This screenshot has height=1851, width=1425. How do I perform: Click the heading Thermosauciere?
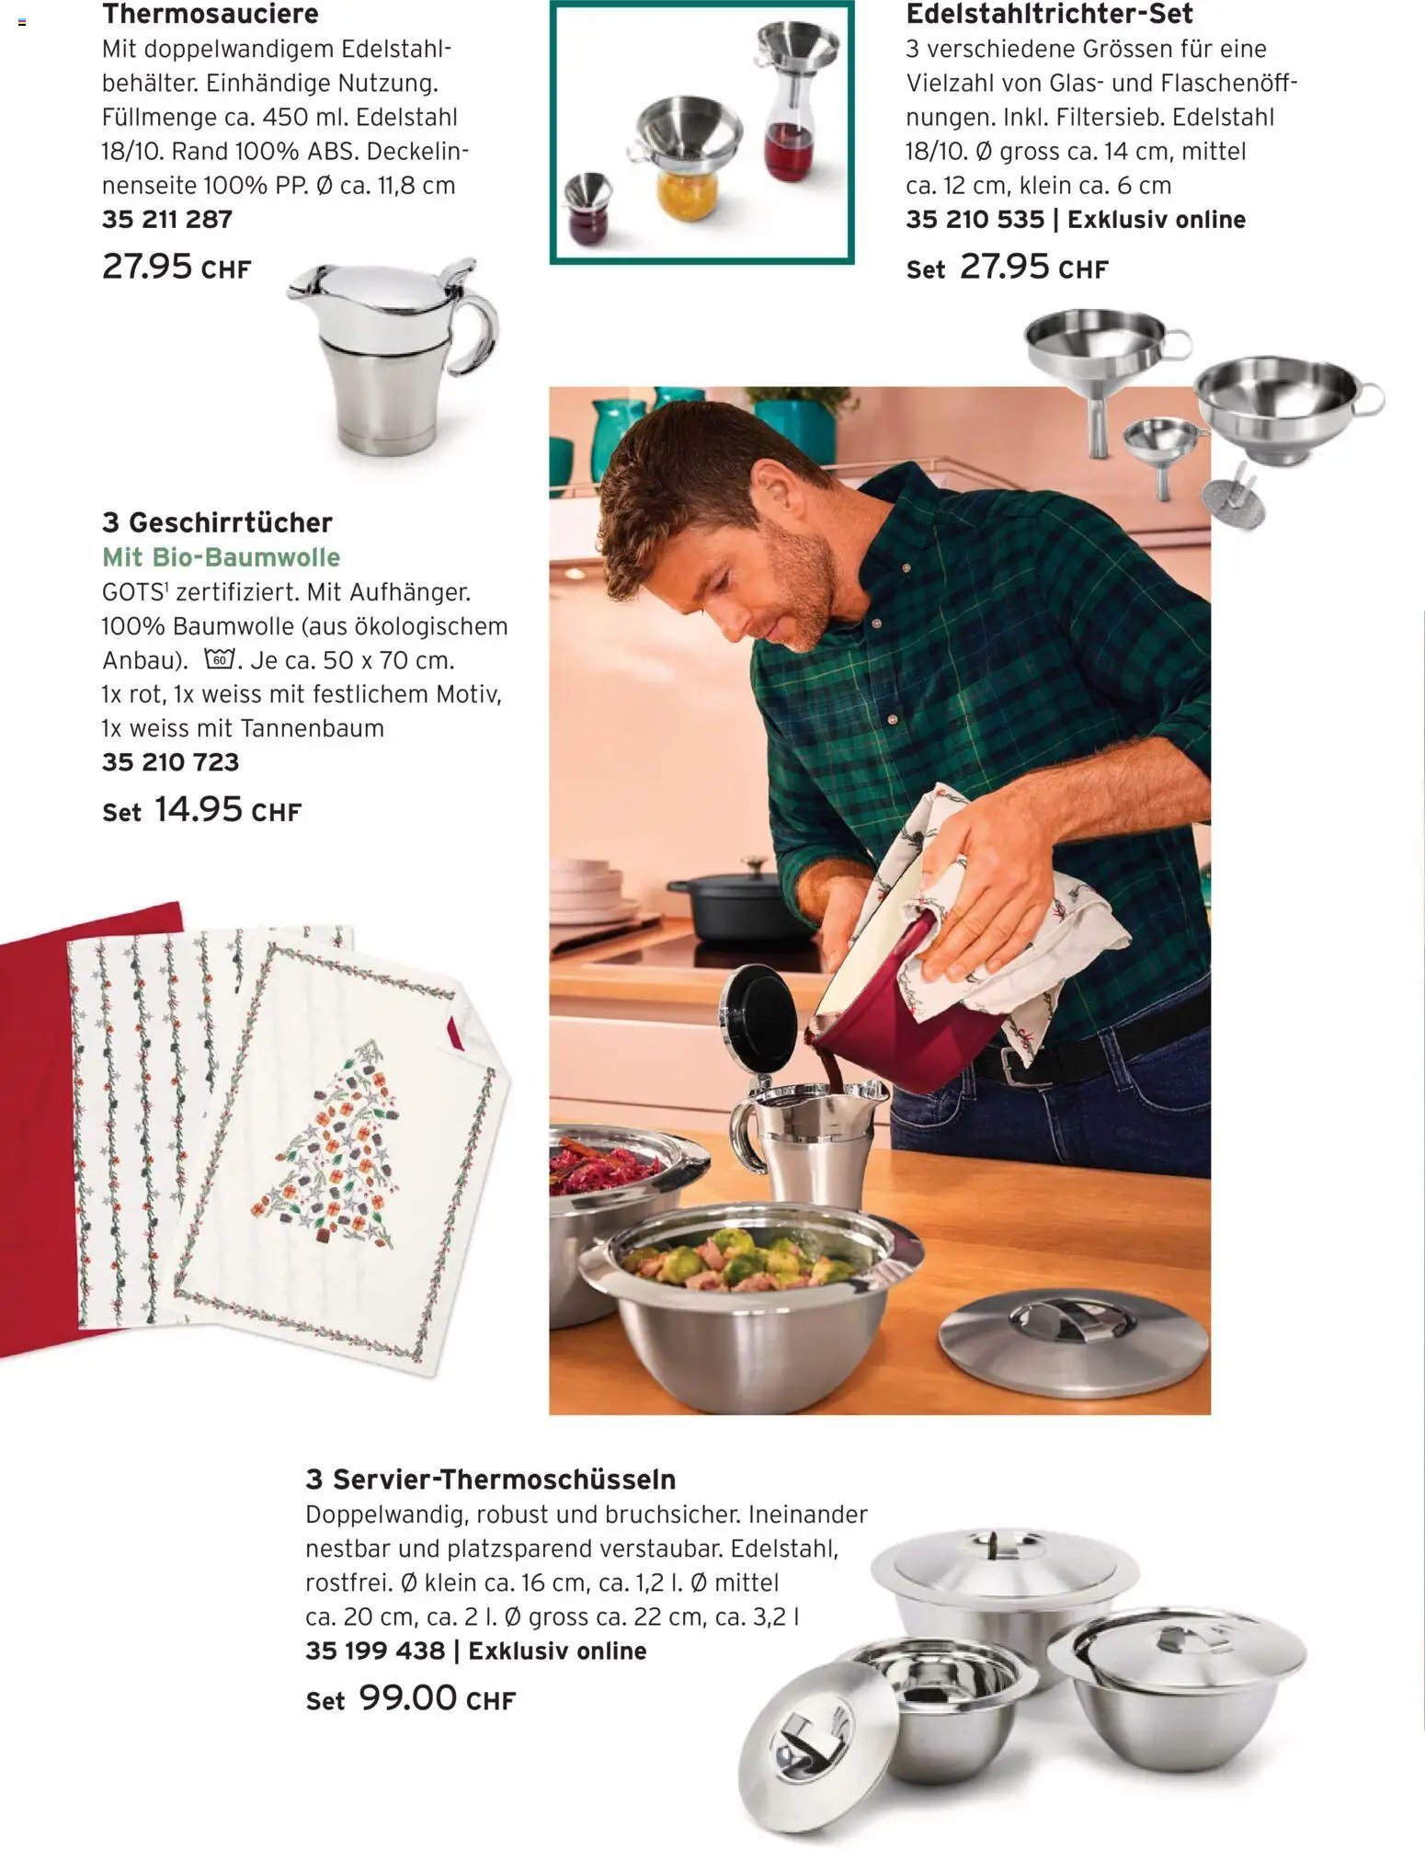(211, 14)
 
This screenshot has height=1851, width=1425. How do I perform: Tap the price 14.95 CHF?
(228, 810)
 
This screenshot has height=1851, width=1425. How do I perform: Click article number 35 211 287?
(167, 220)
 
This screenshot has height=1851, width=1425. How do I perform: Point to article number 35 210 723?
(170, 762)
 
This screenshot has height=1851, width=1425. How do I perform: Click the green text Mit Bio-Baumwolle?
(221, 557)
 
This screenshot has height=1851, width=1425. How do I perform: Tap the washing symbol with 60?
(220, 659)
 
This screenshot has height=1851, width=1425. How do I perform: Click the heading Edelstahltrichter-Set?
(1049, 14)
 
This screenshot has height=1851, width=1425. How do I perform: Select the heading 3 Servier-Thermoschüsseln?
(491, 1480)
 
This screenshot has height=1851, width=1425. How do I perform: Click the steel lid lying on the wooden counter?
(1073, 1335)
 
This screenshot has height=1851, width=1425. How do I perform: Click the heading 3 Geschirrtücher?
(217, 522)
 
